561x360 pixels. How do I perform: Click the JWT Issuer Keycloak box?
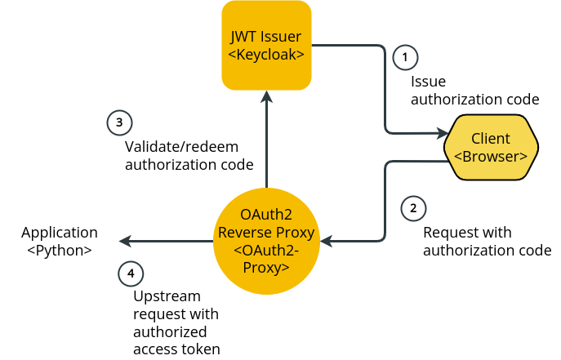266,45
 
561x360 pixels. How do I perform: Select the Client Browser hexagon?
491,147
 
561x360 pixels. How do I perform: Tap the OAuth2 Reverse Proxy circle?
265,242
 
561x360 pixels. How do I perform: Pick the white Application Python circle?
60,242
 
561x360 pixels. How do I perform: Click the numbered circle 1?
405,57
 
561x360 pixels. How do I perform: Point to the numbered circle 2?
413,207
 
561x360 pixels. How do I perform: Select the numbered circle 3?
119,123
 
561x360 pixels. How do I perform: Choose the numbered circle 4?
131,273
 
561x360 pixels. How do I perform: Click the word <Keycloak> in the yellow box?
266,55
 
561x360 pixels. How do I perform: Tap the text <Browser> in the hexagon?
491,156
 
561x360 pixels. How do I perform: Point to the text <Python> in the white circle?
60,251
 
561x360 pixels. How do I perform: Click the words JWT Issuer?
266,37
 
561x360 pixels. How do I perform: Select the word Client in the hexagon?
491,138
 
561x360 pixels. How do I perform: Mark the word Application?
60,233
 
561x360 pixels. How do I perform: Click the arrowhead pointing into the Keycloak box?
266,96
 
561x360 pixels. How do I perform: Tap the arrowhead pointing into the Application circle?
126,242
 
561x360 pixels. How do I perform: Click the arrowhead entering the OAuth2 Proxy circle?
326,242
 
